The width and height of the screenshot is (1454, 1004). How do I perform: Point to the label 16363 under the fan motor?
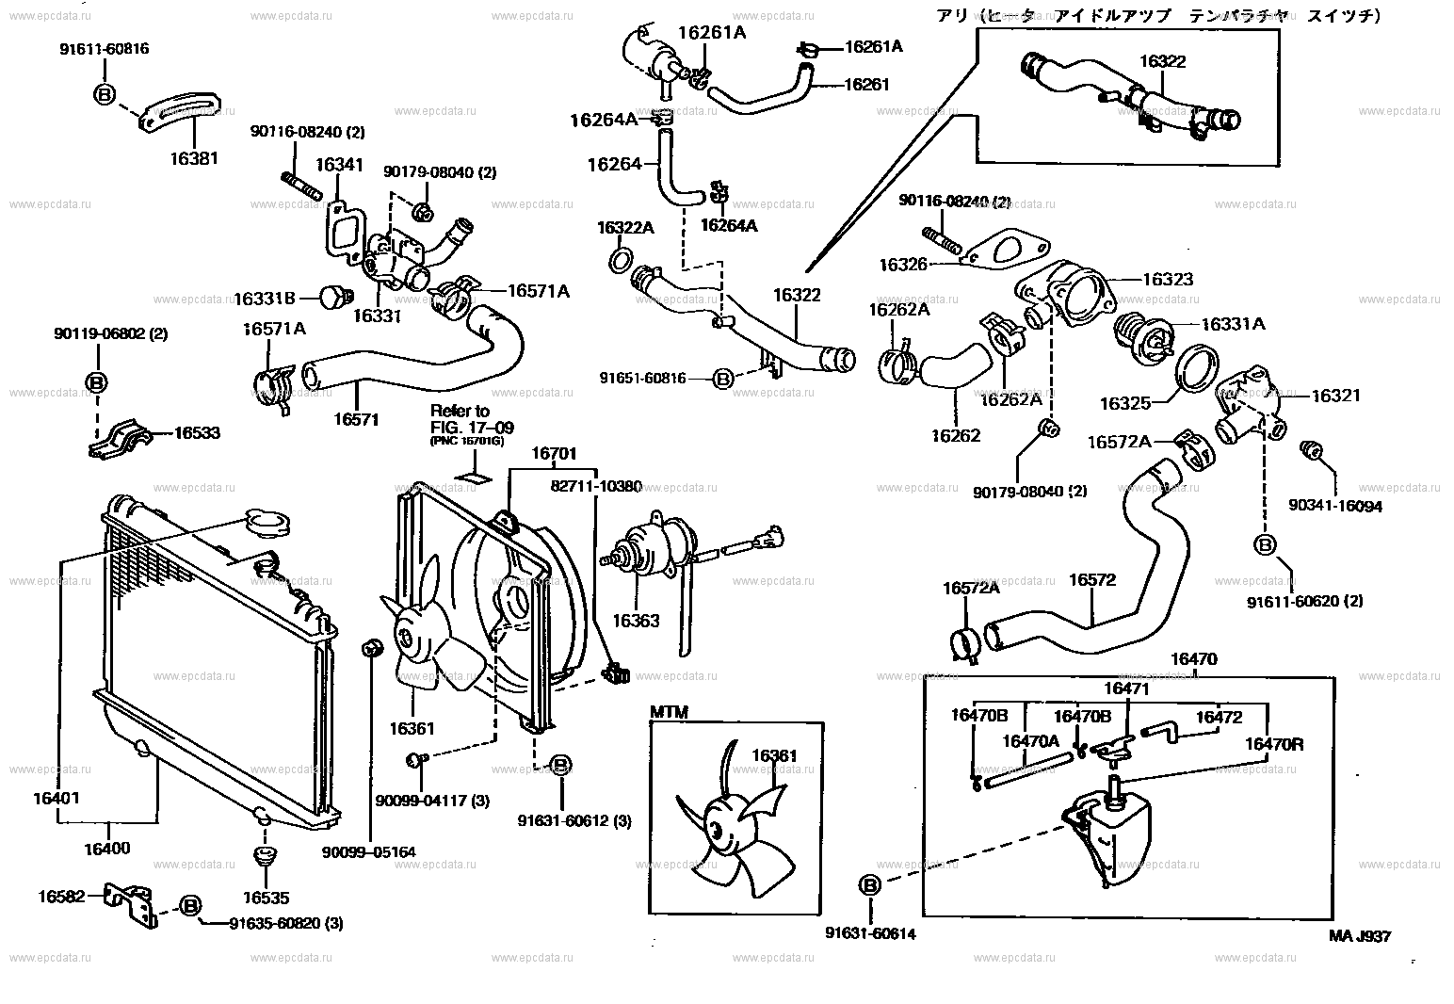click(636, 621)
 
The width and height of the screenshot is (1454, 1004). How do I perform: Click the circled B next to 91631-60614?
click(869, 885)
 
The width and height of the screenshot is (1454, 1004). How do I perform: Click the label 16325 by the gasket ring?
click(1125, 404)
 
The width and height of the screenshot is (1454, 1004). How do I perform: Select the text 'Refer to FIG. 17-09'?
click(460, 420)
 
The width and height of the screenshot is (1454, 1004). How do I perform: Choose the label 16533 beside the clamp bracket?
click(197, 433)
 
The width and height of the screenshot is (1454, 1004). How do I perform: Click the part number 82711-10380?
click(595, 487)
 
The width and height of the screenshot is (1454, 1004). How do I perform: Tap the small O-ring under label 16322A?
click(622, 259)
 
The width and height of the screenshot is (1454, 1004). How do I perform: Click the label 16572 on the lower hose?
click(1091, 580)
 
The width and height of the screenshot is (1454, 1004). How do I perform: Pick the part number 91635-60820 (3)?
click(285, 924)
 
